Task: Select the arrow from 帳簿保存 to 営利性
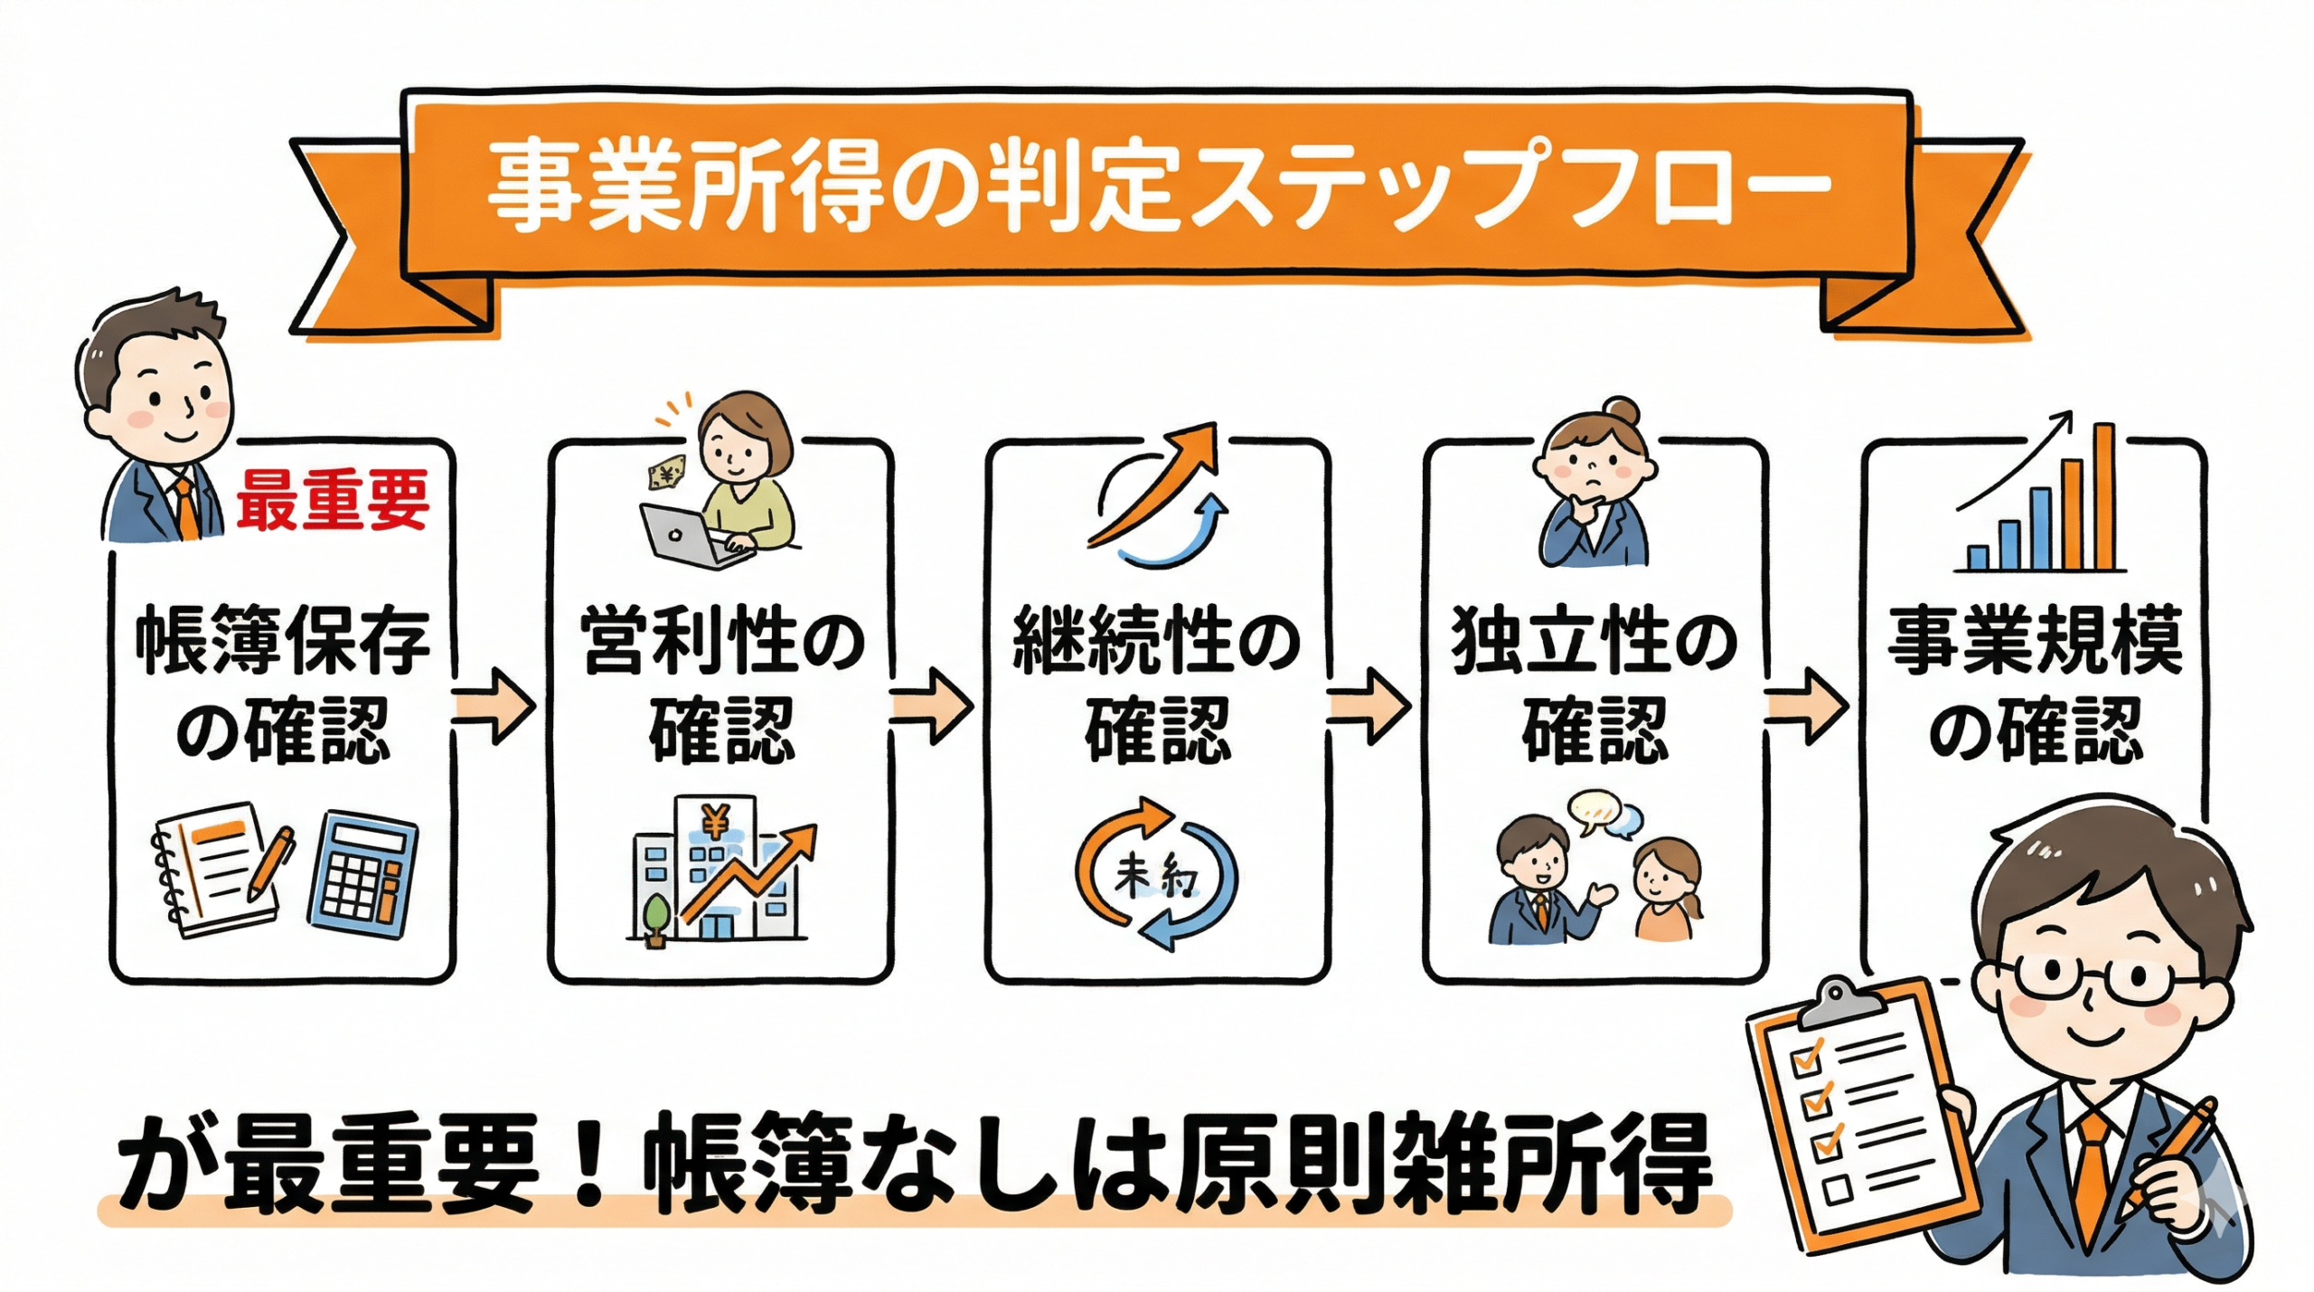(x=493, y=708)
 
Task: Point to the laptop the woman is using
(x=691, y=533)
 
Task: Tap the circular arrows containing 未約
(x=1154, y=873)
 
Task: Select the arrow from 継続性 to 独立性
(x=1368, y=708)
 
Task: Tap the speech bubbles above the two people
(x=1604, y=815)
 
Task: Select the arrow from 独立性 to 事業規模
(x=1806, y=708)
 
